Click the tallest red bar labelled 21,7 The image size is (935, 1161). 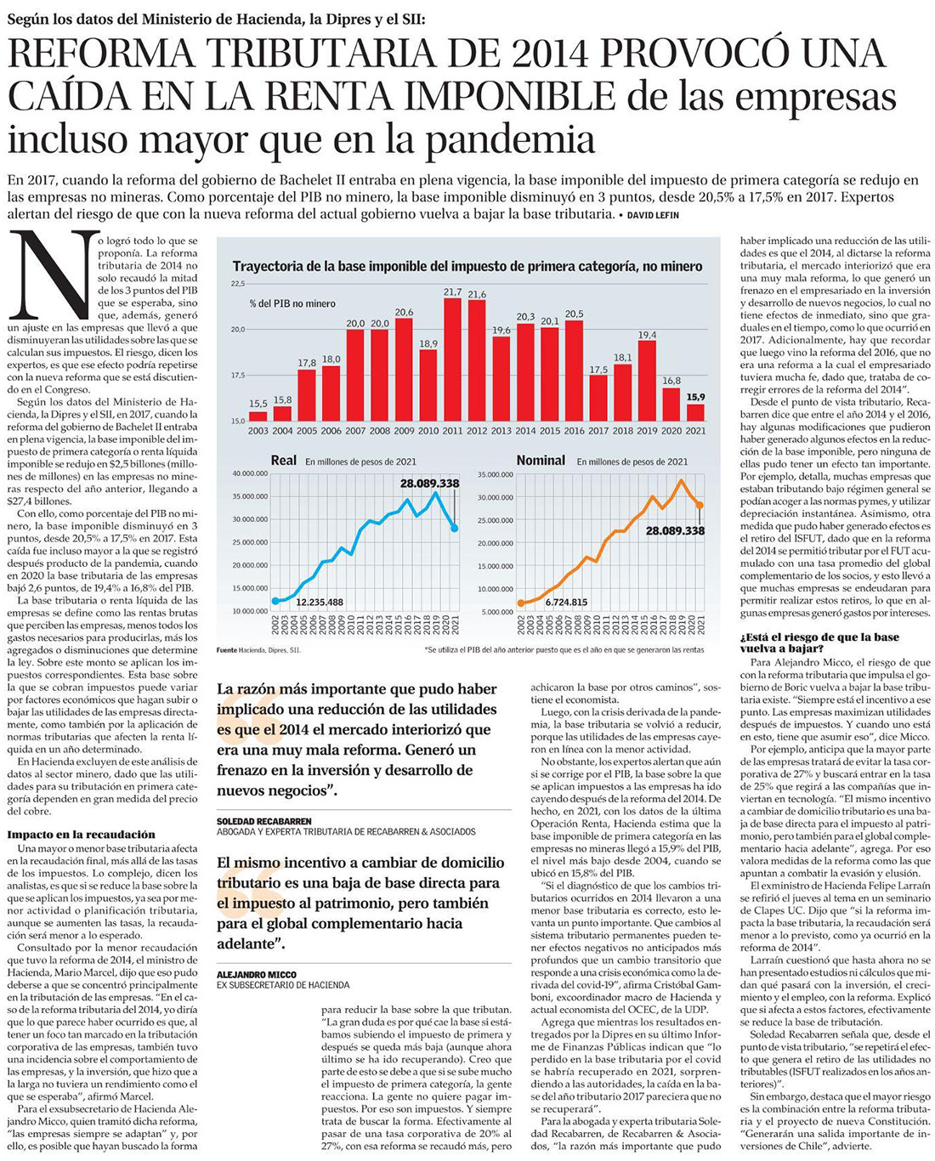pos(453,360)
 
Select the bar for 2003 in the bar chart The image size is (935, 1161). pos(258,416)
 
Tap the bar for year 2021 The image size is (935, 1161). pos(695,412)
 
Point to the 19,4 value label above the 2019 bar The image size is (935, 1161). pos(647,335)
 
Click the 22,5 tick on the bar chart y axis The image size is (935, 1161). pos(237,284)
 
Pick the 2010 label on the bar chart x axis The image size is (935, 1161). pos(428,431)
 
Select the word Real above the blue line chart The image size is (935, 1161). pos(283,460)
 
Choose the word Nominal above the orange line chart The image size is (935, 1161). pos(541,460)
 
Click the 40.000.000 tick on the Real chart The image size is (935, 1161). pos(249,474)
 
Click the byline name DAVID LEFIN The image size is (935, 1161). pos(654,215)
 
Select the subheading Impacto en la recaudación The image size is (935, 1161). pos(82,835)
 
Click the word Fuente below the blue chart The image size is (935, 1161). pos(227,649)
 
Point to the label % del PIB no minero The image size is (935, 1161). pos(292,303)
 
